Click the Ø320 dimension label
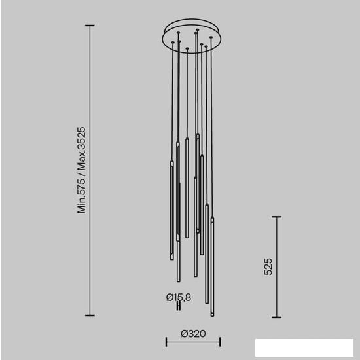pyautogui.click(x=193, y=334)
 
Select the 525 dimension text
pyautogui.click(x=268, y=266)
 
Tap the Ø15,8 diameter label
pyautogui.click(x=179, y=297)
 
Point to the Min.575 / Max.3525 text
pyautogui.click(x=81, y=170)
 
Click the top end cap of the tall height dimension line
pyautogui.click(x=90, y=26)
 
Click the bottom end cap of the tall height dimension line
pyautogui.click(x=90, y=315)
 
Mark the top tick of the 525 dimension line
pyautogui.click(x=277, y=217)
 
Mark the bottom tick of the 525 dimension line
pyautogui.click(x=277, y=317)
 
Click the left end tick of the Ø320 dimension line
pyautogui.click(x=166, y=342)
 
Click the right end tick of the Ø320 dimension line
pyautogui.click(x=220, y=342)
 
